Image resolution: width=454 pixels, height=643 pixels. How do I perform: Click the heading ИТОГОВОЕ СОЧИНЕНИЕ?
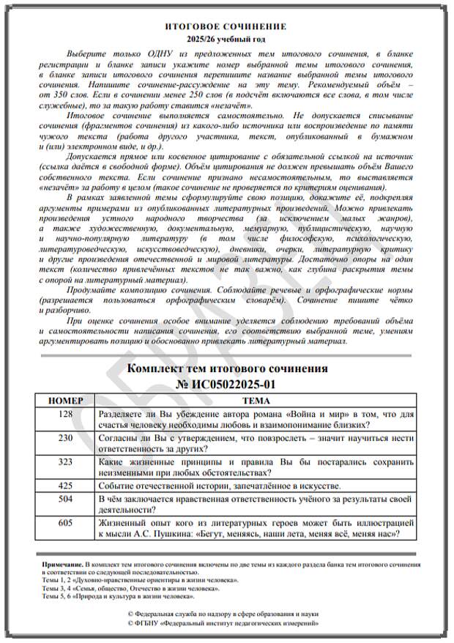tap(226, 26)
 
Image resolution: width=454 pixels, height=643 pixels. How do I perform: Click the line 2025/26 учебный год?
tap(226, 38)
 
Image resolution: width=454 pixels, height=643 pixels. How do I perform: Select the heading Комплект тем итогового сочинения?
tap(227, 368)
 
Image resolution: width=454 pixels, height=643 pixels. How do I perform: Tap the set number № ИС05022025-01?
tap(227, 384)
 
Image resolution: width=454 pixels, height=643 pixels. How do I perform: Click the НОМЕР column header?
tap(65, 401)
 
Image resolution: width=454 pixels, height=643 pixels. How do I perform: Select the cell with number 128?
tap(65, 414)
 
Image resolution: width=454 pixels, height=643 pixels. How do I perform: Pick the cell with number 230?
tap(65, 438)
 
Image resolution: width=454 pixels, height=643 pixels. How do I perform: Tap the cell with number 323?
tap(65, 462)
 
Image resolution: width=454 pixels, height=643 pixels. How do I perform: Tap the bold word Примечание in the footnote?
tap(62, 567)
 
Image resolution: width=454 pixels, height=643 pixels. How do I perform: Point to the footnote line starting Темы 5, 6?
tap(109, 596)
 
